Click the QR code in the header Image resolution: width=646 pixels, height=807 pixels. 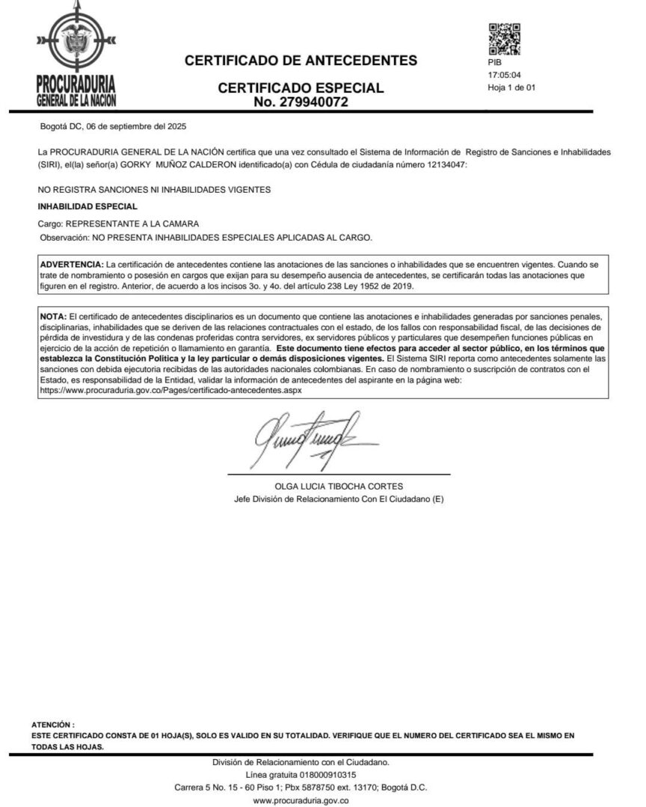click(504, 40)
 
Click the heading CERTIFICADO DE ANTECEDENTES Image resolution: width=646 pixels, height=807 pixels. click(301, 60)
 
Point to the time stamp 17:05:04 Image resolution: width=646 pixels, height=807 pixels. click(504, 75)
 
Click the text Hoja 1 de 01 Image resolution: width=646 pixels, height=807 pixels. click(511, 87)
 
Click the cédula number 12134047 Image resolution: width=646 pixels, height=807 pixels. click(442, 164)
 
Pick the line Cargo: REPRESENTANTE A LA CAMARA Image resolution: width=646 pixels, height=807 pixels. click(118, 223)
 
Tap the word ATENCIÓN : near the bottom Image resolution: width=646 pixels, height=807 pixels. click(53, 724)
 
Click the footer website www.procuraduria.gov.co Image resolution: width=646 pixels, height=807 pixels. click(302, 800)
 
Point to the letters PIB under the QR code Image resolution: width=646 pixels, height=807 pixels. click(495, 64)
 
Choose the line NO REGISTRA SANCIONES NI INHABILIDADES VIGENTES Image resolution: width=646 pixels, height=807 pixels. click(154, 190)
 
